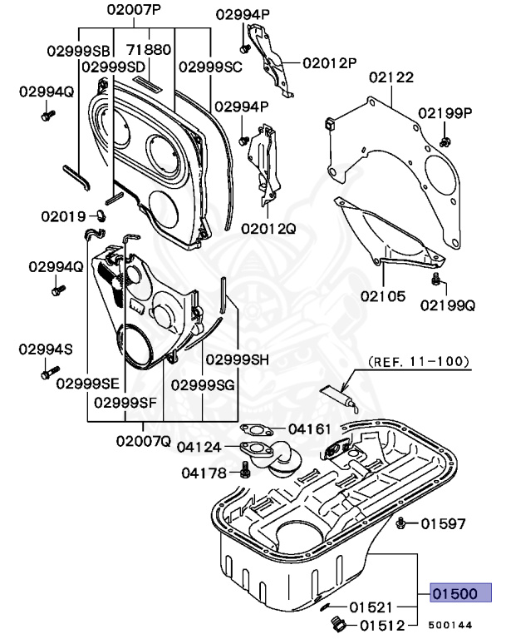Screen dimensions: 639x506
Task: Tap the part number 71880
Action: tap(150, 49)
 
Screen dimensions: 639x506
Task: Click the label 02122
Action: tap(391, 77)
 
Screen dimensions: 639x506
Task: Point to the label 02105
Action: tap(383, 295)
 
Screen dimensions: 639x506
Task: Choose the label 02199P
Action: tap(445, 112)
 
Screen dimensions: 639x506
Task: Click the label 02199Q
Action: tap(447, 305)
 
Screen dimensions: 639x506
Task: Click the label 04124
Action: tap(199, 447)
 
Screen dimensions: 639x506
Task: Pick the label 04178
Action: tap(204, 473)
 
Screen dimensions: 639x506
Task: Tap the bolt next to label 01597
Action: tap(401, 523)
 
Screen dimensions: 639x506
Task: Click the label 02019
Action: tap(63, 216)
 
